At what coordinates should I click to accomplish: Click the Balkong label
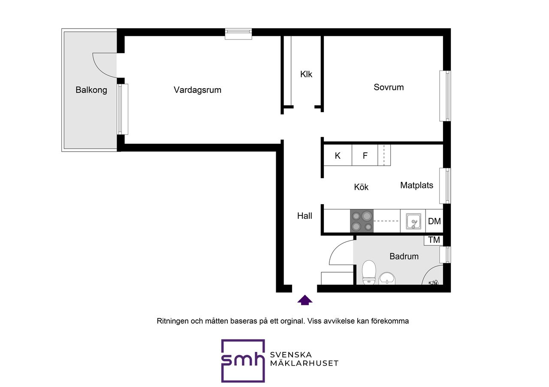coord(91,90)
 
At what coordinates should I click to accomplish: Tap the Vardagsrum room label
coord(198,90)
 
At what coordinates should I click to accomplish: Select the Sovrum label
coord(389,87)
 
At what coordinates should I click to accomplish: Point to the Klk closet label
coord(306,74)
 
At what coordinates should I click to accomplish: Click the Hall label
coord(305,216)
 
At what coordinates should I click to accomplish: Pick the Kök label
coord(361,187)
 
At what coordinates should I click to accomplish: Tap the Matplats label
coord(416,185)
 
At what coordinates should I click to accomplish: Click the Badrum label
coord(404,256)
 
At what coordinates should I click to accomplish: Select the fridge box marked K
coord(338,155)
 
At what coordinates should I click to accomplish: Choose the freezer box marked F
coord(365,155)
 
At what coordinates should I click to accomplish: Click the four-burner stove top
coord(362,220)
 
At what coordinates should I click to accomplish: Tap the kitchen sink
coord(413,221)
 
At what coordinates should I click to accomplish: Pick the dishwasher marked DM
coord(434,221)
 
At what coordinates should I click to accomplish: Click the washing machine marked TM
coord(434,240)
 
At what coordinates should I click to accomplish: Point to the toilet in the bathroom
coord(369,273)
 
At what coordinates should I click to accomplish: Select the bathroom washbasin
coord(387,279)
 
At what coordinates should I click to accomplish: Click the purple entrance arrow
coord(305,300)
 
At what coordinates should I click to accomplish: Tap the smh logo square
coord(243,360)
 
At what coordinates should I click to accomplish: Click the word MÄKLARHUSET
coord(304,363)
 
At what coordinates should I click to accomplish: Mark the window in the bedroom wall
coord(445,96)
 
